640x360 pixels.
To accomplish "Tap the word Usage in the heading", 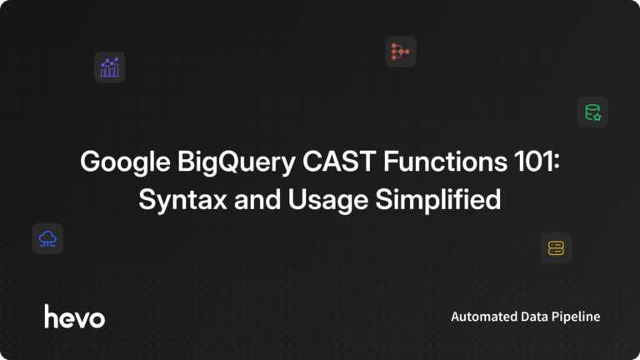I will (x=321, y=201).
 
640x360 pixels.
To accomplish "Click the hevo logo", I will (x=75, y=316).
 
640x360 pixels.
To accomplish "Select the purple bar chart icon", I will (x=109, y=67).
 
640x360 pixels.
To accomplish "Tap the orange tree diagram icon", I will (x=400, y=52).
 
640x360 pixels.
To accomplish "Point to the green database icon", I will (x=592, y=112).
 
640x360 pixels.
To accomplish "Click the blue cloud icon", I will (x=47, y=239).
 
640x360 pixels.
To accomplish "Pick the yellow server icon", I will (x=556, y=247).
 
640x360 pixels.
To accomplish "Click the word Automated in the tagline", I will (x=482, y=317).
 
